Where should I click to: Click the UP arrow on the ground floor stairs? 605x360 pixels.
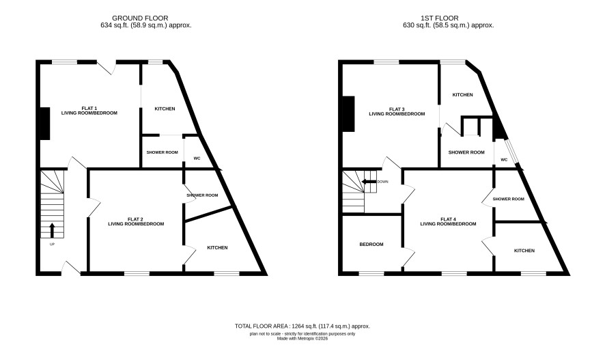pyautogui.click(x=52, y=230)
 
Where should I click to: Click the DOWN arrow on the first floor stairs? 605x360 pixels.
pyautogui.click(x=369, y=182)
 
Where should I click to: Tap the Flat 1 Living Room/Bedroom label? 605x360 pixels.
pyautogui.click(x=89, y=111)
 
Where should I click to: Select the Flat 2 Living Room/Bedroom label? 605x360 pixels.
pyautogui.click(x=136, y=221)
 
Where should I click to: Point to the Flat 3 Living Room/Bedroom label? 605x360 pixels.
pyautogui.click(x=397, y=111)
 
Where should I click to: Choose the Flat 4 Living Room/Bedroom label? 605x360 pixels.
pyautogui.click(x=448, y=221)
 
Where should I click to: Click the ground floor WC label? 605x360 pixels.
pyautogui.click(x=197, y=158)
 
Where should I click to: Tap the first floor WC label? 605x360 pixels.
pyautogui.click(x=504, y=160)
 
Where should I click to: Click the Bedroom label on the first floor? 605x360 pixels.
pyautogui.click(x=371, y=245)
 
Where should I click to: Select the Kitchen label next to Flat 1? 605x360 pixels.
pyautogui.click(x=165, y=109)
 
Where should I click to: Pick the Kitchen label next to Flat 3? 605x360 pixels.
pyautogui.click(x=462, y=95)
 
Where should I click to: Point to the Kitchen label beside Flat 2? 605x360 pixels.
pyautogui.click(x=217, y=248)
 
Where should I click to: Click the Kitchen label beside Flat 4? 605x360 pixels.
pyautogui.click(x=524, y=251)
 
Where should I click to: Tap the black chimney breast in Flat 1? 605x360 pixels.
pyautogui.click(x=45, y=124)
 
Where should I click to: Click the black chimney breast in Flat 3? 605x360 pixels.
pyautogui.click(x=348, y=114)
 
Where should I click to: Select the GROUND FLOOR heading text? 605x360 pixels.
pyautogui.click(x=140, y=18)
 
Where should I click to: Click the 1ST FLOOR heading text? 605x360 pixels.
pyautogui.click(x=440, y=18)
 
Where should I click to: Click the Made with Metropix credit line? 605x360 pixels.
pyautogui.click(x=302, y=339)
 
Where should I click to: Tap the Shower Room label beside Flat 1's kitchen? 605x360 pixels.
pyautogui.click(x=162, y=152)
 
